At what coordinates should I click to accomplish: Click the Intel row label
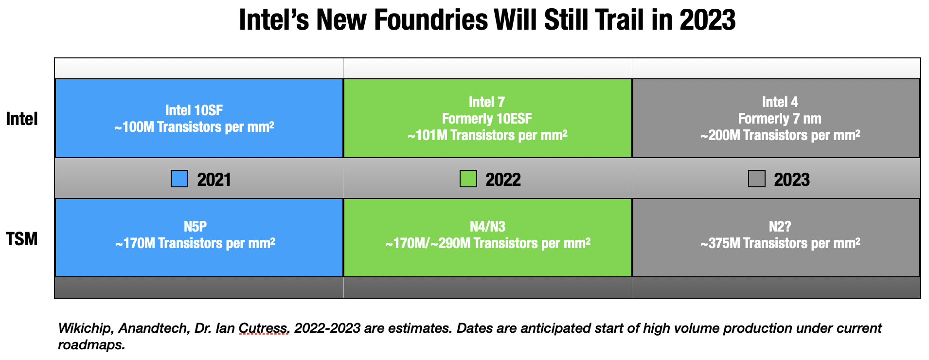[x=21, y=119]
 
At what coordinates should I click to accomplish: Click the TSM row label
[x=21, y=239]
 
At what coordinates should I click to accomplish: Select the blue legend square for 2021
[x=179, y=179]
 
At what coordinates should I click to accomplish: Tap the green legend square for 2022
[x=468, y=179]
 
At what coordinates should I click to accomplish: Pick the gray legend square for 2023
[x=756, y=179]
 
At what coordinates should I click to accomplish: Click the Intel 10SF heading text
[x=194, y=110]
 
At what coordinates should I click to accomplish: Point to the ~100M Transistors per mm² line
[x=194, y=127]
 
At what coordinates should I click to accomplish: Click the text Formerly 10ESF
[x=487, y=119]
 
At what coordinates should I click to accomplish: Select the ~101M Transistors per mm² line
[x=487, y=135]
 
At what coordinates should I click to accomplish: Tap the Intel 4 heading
[x=780, y=102]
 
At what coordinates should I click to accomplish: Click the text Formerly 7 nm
[x=780, y=119]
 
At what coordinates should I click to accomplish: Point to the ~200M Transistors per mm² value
[x=780, y=135]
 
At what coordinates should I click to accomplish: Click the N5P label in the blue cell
[x=195, y=227]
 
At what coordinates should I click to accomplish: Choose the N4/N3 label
[x=487, y=227]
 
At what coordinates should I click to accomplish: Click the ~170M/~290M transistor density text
[x=488, y=243]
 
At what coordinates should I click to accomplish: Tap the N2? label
[x=780, y=227]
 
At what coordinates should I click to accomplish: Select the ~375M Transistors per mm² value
[x=780, y=243]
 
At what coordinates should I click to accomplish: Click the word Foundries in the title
[x=431, y=20]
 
